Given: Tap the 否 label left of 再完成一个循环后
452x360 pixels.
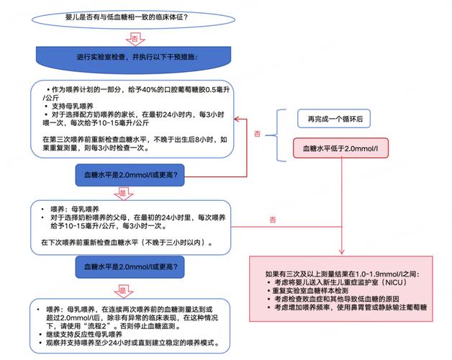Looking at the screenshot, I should [x=258, y=134].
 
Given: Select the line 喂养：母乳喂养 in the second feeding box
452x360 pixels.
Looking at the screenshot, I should [x=79, y=208].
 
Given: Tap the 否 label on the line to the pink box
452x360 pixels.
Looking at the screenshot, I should [x=273, y=219].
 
